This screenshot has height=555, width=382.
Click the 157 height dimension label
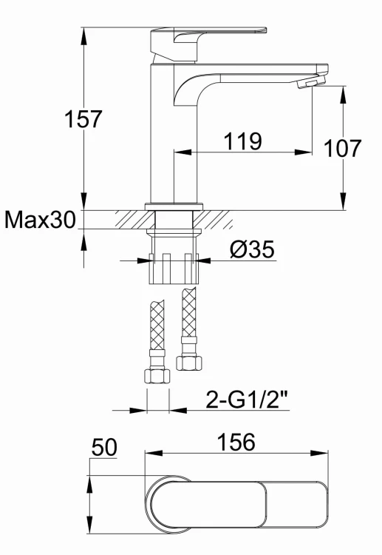[83, 119]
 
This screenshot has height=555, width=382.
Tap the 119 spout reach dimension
[243, 141]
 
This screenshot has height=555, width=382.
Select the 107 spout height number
[342, 148]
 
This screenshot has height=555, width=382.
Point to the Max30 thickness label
[41, 220]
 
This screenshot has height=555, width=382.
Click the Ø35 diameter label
[252, 249]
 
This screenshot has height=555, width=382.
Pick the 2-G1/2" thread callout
[247, 400]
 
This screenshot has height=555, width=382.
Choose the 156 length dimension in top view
[236, 442]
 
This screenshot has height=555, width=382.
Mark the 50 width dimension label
[104, 447]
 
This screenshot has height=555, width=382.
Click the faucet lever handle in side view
[208, 44]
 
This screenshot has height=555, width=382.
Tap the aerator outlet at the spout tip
[312, 83]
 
